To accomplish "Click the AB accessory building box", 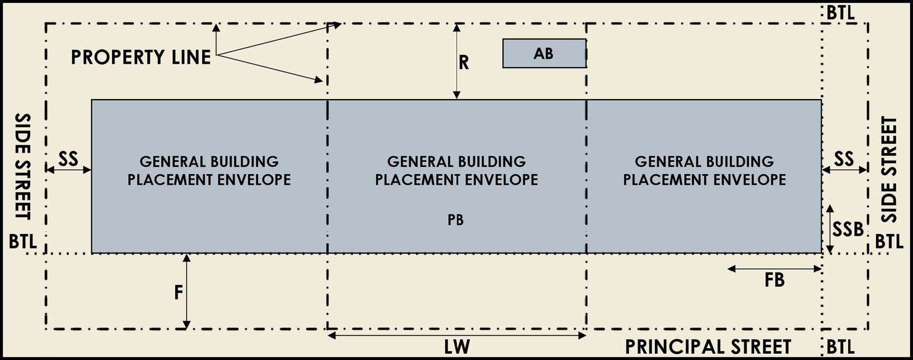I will click(544, 54).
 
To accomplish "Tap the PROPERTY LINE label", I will click(141, 57).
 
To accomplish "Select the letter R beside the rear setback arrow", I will click(463, 63).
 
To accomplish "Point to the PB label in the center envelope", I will click(456, 220).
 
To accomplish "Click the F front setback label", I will click(179, 292).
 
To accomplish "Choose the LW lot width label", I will click(457, 347).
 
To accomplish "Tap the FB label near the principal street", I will click(775, 280).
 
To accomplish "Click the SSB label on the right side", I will click(848, 229).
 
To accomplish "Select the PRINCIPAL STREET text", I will click(708, 347).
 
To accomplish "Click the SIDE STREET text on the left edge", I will click(22, 167).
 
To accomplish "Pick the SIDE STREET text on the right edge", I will click(889, 169).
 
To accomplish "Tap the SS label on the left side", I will click(68, 159).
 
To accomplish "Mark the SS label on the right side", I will click(844, 159).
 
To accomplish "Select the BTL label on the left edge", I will click(23, 242).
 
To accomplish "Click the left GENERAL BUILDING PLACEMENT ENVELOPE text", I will click(209, 171).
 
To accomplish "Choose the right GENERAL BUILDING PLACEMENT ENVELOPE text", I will click(704, 171).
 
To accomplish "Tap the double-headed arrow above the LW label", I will click(457, 335).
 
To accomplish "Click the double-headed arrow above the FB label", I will click(775, 269).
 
